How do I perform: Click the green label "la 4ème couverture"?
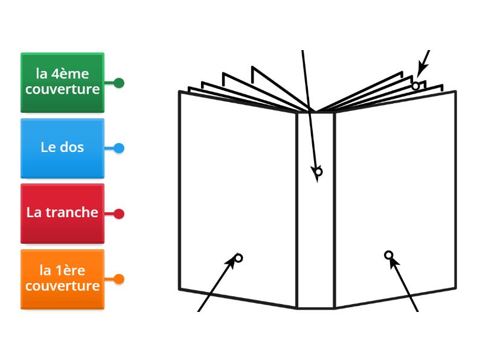(62, 82)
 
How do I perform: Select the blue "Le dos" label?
(62, 147)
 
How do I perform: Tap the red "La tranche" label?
(62, 212)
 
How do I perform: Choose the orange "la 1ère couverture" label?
(62, 278)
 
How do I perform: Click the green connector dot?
(119, 83)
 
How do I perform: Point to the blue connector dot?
(119, 148)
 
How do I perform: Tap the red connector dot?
(119, 214)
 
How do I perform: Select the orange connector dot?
(119, 279)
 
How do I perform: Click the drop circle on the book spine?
(319, 172)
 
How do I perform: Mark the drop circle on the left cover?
(238, 258)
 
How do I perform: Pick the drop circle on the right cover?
(389, 255)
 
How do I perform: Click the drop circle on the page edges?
(415, 86)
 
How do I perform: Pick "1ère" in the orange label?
(70, 270)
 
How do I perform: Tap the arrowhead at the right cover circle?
(394, 261)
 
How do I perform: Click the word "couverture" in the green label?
(62, 90)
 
